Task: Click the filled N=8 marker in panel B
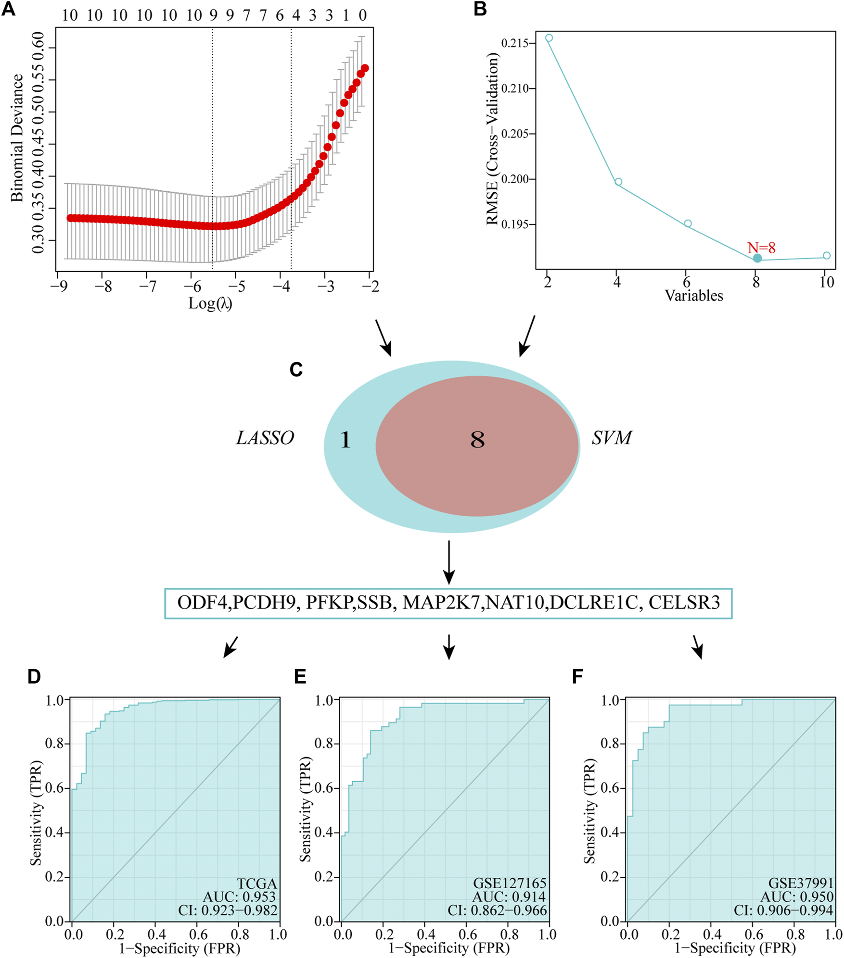tap(757, 258)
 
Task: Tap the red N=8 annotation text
tap(761, 248)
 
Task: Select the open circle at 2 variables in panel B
tap(549, 37)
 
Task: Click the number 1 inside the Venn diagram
tap(345, 440)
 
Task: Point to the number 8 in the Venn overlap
tap(477, 440)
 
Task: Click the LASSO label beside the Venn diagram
tap(265, 438)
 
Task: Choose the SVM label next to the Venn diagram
tap(612, 438)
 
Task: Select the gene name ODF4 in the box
tap(202, 602)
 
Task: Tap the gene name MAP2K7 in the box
tap(441, 602)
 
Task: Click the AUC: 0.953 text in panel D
tap(239, 896)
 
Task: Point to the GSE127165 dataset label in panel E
tap(510, 883)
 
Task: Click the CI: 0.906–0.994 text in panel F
tap(783, 910)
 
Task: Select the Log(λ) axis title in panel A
tap(210, 303)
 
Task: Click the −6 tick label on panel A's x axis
tap(192, 286)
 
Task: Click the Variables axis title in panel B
tap(694, 296)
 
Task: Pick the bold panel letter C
tap(296, 370)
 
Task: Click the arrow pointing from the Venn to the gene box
tap(449, 562)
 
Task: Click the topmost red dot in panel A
tap(365, 68)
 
